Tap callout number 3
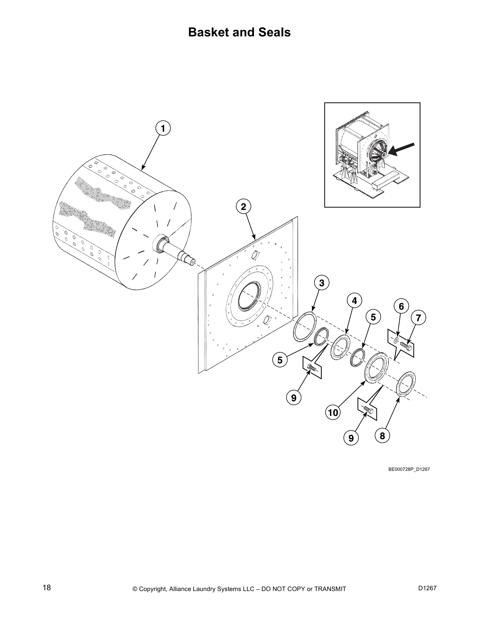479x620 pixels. [321, 283]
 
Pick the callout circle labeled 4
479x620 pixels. [354, 301]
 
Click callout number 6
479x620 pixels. [401, 306]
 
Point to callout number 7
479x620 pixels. [418, 318]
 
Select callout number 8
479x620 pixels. [382, 435]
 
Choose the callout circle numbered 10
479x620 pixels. [333, 413]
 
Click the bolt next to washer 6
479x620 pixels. [406, 345]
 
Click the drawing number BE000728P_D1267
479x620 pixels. [409, 469]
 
